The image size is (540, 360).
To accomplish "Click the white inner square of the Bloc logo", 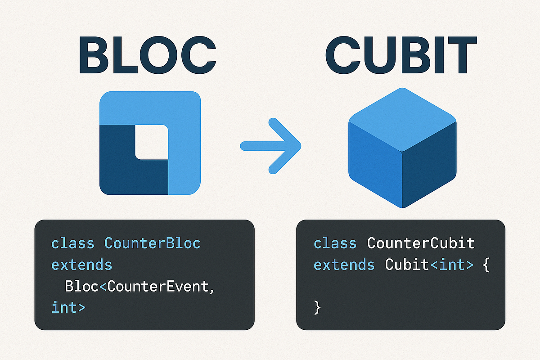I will [151, 142].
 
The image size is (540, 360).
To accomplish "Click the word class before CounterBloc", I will [73, 243].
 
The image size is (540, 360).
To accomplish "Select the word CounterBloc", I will [152, 243].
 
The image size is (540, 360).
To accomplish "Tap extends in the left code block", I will [81, 265].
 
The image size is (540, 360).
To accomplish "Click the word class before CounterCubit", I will [335, 243].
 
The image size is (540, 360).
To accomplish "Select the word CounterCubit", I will [421, 243].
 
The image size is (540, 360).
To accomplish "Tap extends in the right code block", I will [344, 265].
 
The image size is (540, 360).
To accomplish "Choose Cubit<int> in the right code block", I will [429, 265].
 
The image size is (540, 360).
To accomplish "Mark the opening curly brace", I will [485, 265].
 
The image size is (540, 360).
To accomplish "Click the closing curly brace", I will [317, 308].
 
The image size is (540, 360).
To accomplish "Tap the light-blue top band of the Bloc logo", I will [149, 108].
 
